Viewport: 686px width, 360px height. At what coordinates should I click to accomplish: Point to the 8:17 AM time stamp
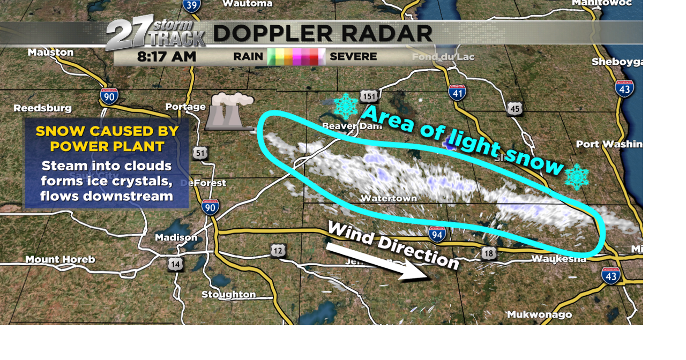(x=167, y=56)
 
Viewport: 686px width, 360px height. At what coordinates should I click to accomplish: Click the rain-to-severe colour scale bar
(x=296, y=56)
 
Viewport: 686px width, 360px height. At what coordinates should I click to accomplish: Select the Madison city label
(x=176, y=237)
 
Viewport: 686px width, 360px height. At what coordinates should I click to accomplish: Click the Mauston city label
(x=51, y=52)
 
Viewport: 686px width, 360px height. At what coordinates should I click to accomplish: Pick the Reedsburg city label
(x=42, y=108)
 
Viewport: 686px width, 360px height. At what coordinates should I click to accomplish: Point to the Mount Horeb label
(x=60, y=260)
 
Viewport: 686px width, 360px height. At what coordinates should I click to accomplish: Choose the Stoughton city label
(x=228, y=295)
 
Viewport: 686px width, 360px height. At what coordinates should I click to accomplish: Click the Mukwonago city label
(x=539, y=314)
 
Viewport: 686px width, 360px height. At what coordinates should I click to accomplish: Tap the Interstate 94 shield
(x=437, y=234)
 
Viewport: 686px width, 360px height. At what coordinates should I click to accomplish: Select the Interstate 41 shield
(x=457, y=92)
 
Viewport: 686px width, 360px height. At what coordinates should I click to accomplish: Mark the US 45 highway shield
(x=514, y=109)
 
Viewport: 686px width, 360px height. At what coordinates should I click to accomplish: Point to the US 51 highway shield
(x=200, y=153)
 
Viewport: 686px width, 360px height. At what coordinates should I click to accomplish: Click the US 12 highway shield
(x=278, y=250)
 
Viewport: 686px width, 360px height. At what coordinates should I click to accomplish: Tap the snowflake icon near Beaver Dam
(x=346, y=106)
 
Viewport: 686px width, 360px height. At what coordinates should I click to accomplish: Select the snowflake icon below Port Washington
(x=577, y=177)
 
